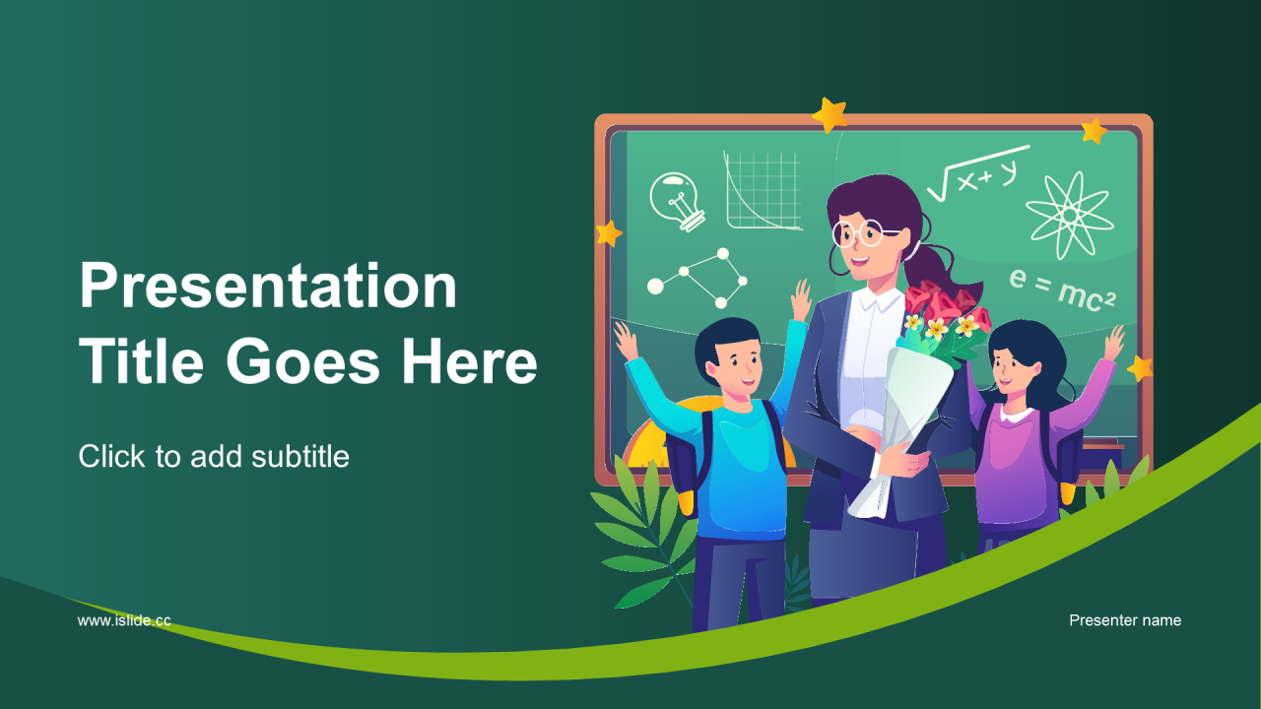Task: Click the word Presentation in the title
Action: tap(268, 286)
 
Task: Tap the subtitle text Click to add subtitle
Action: tap(214, 456)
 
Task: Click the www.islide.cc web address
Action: tap(124, 620)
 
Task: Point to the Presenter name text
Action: tap(1125, 620)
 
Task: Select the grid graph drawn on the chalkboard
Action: tap(763, 190)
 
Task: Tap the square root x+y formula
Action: tap(978, 172)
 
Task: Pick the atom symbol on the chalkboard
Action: tap(1070, 216)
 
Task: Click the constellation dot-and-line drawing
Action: tap(697, 279)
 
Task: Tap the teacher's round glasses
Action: tap(862, 232)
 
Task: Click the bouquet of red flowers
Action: tap(945, 321)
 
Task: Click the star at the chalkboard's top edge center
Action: tap(830, 115)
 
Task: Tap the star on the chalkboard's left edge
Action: tap(609, 233)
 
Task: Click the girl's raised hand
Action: tap(1113, 343)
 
